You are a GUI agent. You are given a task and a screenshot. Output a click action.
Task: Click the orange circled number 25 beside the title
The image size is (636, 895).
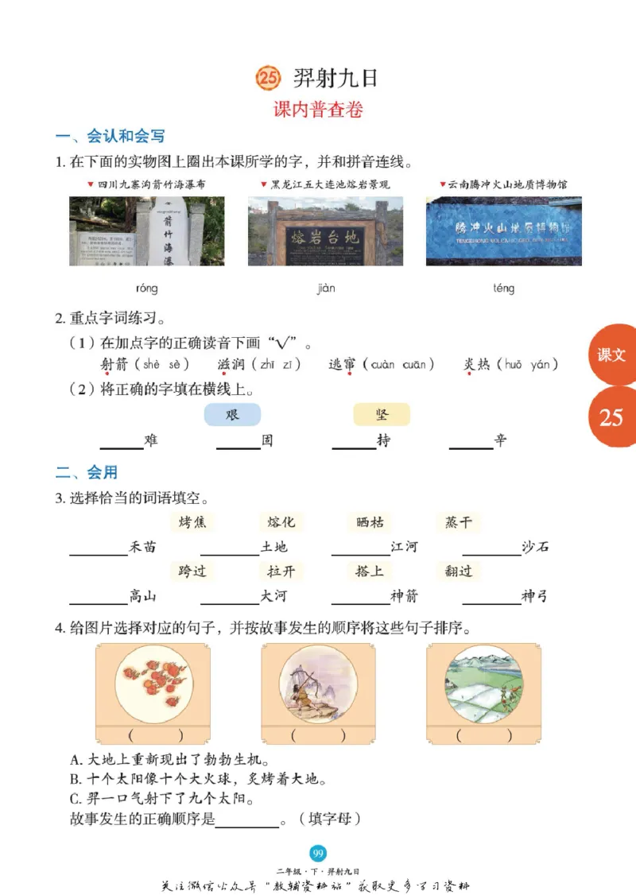coord(268,78)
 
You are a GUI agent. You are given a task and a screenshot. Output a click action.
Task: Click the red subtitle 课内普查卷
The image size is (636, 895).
coord(318,110)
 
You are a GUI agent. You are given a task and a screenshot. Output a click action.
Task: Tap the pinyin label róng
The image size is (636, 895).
coord(146,288)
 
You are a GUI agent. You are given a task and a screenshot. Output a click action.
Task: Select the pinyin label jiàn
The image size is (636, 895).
coord(326,288)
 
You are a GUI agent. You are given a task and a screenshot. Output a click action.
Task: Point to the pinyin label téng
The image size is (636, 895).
coord(503,288)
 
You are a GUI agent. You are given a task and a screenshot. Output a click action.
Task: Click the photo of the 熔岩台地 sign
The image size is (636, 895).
coord(325,231)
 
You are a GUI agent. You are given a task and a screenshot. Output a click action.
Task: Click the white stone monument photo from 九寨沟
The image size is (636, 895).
coord(146,231)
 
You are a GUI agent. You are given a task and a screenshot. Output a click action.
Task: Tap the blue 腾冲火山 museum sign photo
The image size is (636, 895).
coord(503,231)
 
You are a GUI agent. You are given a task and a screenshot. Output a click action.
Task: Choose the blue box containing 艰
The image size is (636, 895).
coord(232,415)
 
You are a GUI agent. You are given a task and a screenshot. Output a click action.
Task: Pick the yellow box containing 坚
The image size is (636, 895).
coord(382,415)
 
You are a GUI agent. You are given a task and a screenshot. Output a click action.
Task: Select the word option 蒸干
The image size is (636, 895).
coord(459,522)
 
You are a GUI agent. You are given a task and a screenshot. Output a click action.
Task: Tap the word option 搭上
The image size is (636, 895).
coord(370,571)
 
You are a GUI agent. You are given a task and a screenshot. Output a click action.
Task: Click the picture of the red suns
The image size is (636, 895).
coord(153,684)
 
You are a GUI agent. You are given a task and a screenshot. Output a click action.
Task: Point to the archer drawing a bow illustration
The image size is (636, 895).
coord(318,684)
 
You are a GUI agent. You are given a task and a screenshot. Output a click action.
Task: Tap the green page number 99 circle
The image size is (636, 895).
coord(318,854)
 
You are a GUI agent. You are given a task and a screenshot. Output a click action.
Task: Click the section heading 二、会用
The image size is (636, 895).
coord(87,472)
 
